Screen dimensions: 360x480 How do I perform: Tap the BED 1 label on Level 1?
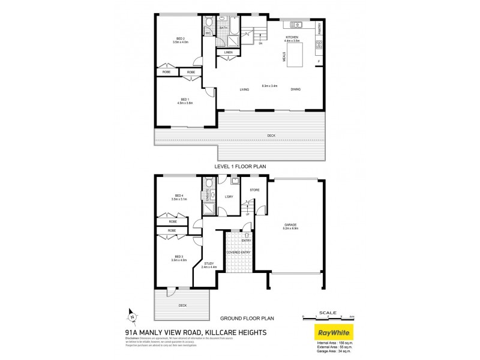coord(184,100)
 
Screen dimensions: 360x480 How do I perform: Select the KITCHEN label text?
coord(292,37)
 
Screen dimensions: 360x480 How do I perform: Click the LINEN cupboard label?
coord(229,53)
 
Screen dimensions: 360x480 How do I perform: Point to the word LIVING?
coord(244,90)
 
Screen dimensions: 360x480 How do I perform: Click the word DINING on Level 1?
coord(296,90)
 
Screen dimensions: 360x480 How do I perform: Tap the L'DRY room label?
coord(228,197)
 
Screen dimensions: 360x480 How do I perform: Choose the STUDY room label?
coord(209,265)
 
